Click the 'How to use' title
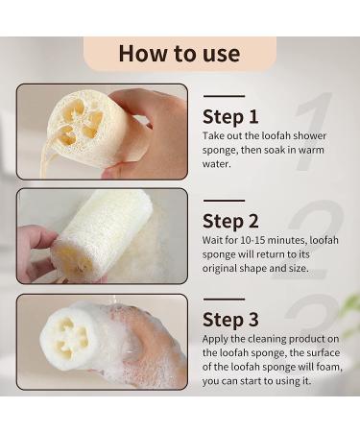pyautogui.click(x=180, y=53)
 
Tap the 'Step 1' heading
pyautogui.click(x=231, y=117)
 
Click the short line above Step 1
pyautogui.click(x=224, y=96)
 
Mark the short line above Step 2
pyautogui.click(x=224, y=202)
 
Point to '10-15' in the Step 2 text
pyautogui.click(x=254, y=243)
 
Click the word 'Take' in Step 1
pyautogui.click(x=214, y=135)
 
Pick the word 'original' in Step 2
pyautogui.click(x=225, y=272)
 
